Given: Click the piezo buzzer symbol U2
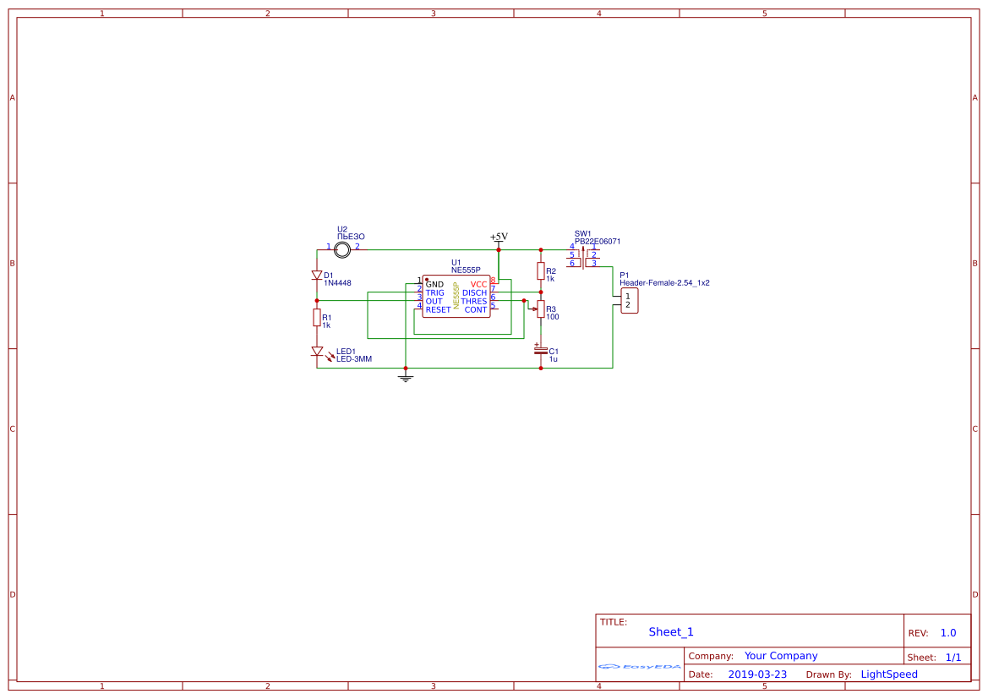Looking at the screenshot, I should click(342, 249).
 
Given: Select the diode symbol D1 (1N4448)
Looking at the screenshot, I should click(317, 276).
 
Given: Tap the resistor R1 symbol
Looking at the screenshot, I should click(317, 318).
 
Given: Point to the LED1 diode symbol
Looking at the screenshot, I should click(317, 352).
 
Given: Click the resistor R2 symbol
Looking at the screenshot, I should click(541, 270).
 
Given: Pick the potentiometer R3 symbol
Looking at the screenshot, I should click(541, 309).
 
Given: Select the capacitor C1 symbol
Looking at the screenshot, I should click(541, 350).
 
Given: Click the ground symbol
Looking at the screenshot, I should click(406, 378).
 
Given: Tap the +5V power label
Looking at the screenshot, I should click(499, 238).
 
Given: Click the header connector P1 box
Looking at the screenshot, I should click(629, 300).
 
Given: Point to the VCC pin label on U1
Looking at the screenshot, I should click(478, 284).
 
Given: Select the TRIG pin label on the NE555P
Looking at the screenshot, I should click(434, 292).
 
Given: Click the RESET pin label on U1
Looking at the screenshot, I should click(438, 309).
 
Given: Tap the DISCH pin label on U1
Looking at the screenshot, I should click(474, 292).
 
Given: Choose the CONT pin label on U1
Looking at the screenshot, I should click(476, 309).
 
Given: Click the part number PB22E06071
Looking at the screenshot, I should click(598, 241).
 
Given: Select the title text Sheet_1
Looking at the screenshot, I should click(671, 631).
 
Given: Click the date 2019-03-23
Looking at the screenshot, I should click(757, 674).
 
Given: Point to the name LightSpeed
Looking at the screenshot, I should click(889, 674).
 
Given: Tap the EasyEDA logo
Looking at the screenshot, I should click(640, 666).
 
